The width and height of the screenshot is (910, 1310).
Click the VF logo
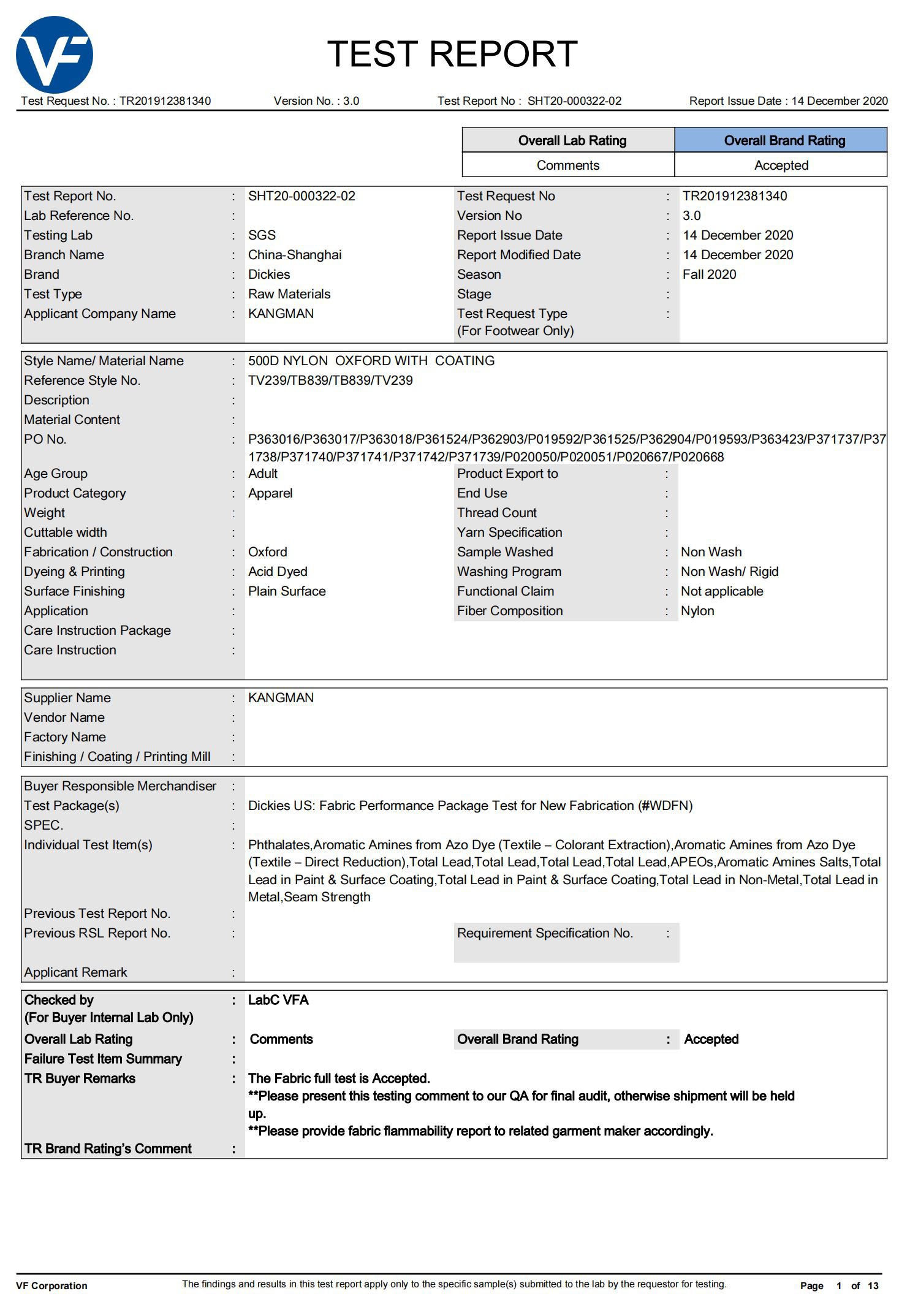point(54,55)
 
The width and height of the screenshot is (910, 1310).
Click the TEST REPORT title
point(452,54)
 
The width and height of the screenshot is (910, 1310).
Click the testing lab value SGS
point(262,235)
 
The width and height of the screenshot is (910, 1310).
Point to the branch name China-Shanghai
point(294,255)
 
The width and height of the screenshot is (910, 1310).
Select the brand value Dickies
point(268,274)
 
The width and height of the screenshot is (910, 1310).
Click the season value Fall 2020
point(709,274)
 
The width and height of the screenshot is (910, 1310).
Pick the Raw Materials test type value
point(289,294)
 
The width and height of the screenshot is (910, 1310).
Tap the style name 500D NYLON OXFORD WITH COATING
point(371,361)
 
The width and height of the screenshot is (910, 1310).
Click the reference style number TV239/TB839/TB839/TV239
point(330,381)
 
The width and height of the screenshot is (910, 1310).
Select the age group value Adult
point(262,474)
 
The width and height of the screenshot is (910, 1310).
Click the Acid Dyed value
point(277,572)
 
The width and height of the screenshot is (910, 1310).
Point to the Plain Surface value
point(286,591)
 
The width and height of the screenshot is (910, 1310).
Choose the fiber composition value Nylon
point(697,611)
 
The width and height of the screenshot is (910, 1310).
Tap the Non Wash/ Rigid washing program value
point(729,572)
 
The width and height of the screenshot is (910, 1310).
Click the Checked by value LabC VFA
point(278,1000)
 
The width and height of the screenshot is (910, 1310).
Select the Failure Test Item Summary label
point(103,1059)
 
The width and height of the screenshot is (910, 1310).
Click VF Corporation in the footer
point(51,1285)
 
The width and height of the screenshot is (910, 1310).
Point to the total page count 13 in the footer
point(873,1285)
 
